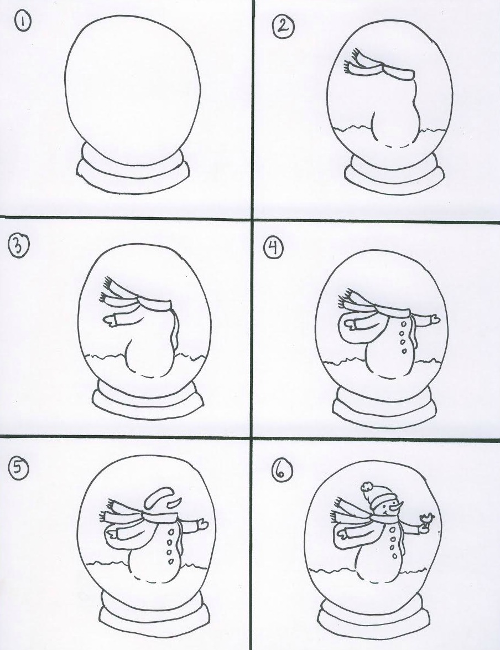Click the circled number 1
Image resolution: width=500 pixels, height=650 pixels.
point(23,22)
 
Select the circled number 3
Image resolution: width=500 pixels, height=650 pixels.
point(18,246)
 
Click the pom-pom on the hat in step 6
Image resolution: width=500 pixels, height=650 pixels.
point(366,487)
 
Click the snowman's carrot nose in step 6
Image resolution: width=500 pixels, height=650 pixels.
point(397,505)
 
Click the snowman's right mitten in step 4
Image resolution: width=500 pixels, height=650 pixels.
point(435,319)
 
